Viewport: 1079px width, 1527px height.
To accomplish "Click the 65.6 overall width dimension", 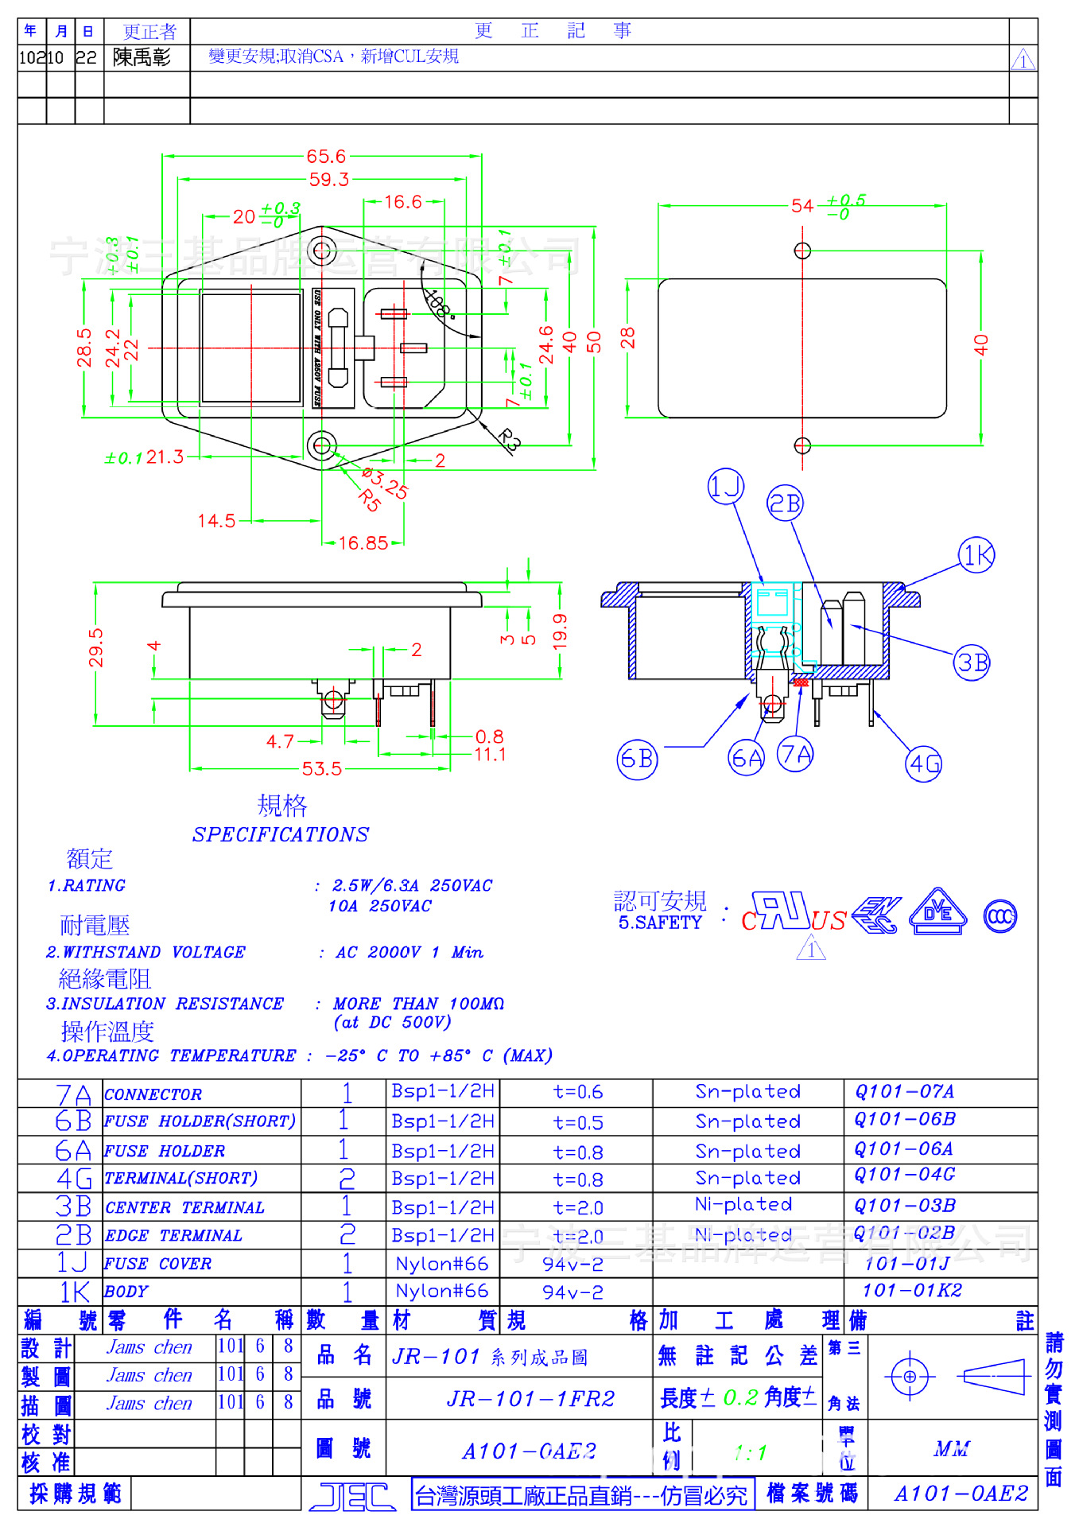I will point(326,157).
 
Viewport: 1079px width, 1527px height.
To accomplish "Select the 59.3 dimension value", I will point(328,180).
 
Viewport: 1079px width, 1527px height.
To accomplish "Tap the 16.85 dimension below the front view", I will point(363,543).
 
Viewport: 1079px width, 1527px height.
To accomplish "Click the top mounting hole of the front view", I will point(322,252).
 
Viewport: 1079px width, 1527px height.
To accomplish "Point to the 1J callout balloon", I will point(725,486).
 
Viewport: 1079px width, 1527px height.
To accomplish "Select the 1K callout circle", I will point(976,555).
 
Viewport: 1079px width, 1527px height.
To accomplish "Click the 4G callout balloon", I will point(924,763).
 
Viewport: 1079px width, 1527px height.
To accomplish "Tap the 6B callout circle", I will point(637,760).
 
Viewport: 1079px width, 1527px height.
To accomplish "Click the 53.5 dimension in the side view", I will point(321,769).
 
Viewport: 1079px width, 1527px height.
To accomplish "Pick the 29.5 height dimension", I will point(96,647).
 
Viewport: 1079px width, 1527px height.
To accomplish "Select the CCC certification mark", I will point(999,917).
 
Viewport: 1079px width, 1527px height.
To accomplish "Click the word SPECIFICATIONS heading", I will point(280,834).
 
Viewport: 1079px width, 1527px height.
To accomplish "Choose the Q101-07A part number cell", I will point(904,1092).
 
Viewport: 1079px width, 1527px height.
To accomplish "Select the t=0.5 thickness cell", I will point(578,1123).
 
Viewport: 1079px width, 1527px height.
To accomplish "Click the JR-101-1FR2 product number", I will point(530,1399).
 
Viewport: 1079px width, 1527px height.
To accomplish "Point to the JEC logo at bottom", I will point(352,1497).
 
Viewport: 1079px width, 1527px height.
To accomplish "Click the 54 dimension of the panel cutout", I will point(802,207).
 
